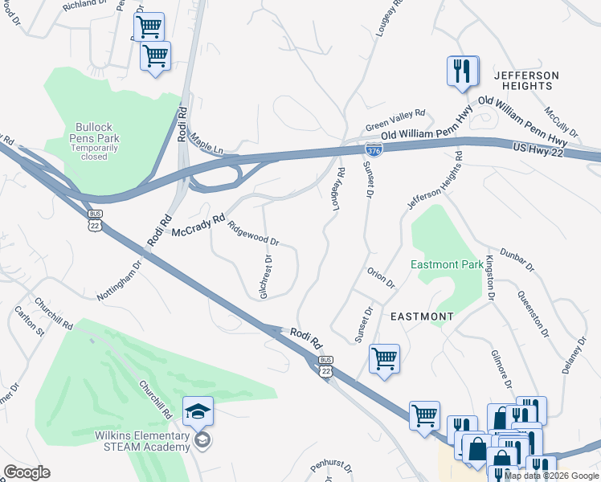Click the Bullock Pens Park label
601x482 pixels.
tap(98, 137)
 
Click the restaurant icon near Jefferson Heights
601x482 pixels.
tap(462, 71)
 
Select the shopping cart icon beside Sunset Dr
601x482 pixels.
tap(384, 358)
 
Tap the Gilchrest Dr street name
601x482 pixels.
tap(266, 277)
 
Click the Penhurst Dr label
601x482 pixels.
tap(329, 465)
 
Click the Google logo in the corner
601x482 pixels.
tap(27, 472)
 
